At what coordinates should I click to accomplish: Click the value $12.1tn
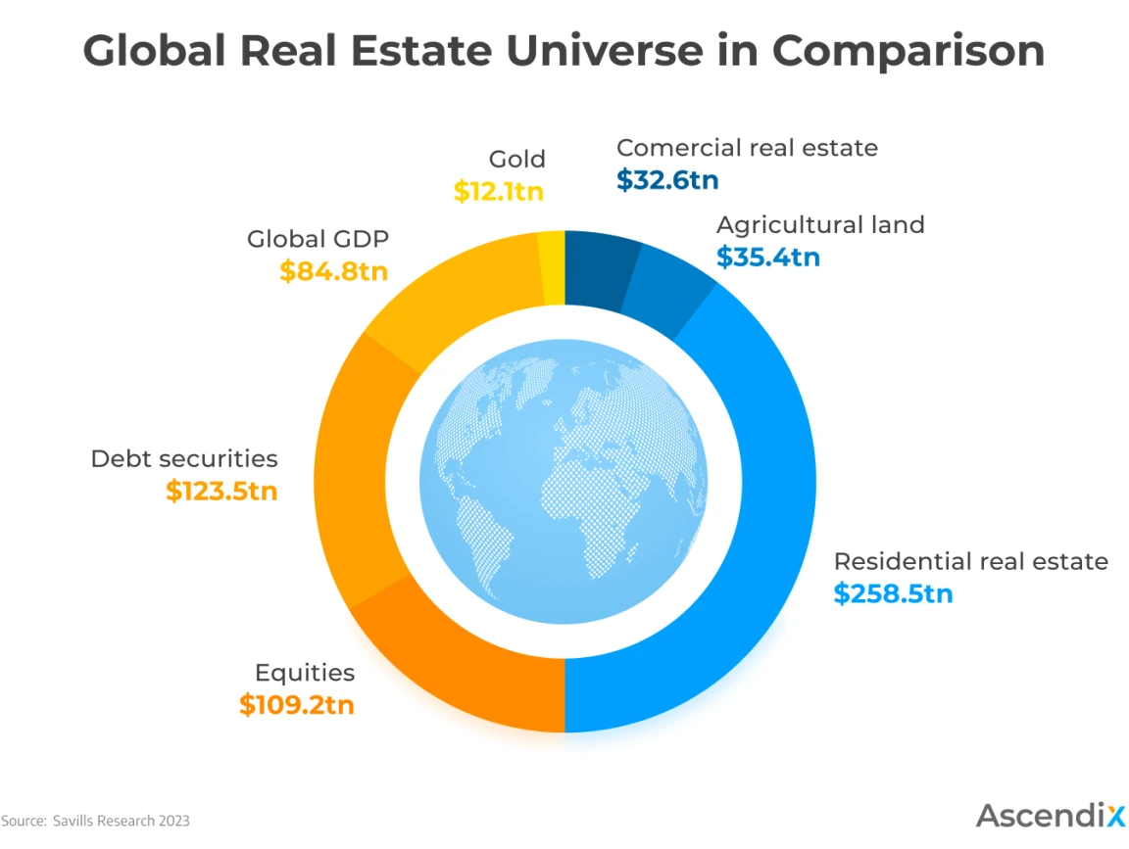498,191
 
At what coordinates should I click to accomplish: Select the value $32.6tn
668,180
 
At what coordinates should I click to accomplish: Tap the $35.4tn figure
768,258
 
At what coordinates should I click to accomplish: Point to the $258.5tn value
893,593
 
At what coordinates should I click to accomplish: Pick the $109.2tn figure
296,704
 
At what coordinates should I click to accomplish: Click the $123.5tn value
221,491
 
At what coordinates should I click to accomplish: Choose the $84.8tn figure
333,271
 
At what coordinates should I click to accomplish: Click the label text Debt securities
184,458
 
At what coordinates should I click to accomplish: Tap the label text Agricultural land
820,224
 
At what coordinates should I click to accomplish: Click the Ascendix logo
1049,815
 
